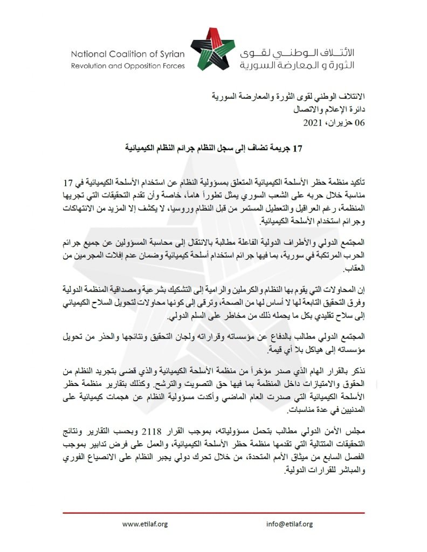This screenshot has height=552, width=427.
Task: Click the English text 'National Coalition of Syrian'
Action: point(127,54)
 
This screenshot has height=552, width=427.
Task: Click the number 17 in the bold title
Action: point(298,146)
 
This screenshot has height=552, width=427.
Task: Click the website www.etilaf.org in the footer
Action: point(145,524)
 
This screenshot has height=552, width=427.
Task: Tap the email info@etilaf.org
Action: point(289,524)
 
